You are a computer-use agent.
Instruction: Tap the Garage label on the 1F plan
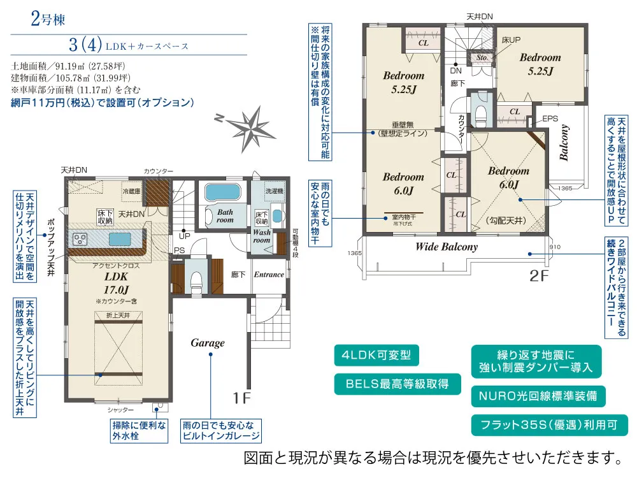[208, 343]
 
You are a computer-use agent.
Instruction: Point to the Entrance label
[269, 275]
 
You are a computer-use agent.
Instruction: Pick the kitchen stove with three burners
[81, 239]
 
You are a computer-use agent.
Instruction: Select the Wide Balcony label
[446, 247]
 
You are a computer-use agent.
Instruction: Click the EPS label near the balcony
[550, 119]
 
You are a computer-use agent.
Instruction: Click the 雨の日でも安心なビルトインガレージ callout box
[221, 431]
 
